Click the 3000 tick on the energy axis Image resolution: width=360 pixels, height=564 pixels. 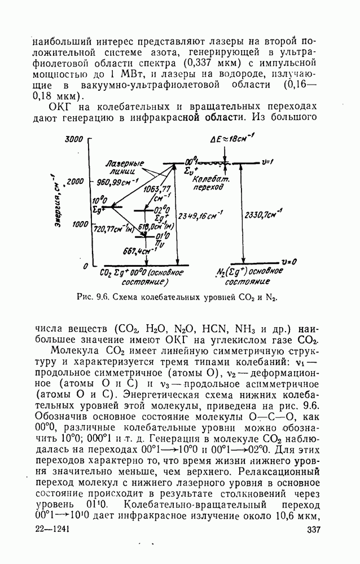(x=74, y=139)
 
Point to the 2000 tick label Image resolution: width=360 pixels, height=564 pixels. (x=75, y=181)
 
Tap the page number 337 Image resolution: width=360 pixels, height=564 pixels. (x=314, y=529)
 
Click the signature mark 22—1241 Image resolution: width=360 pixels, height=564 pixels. (x=47, y=529)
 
